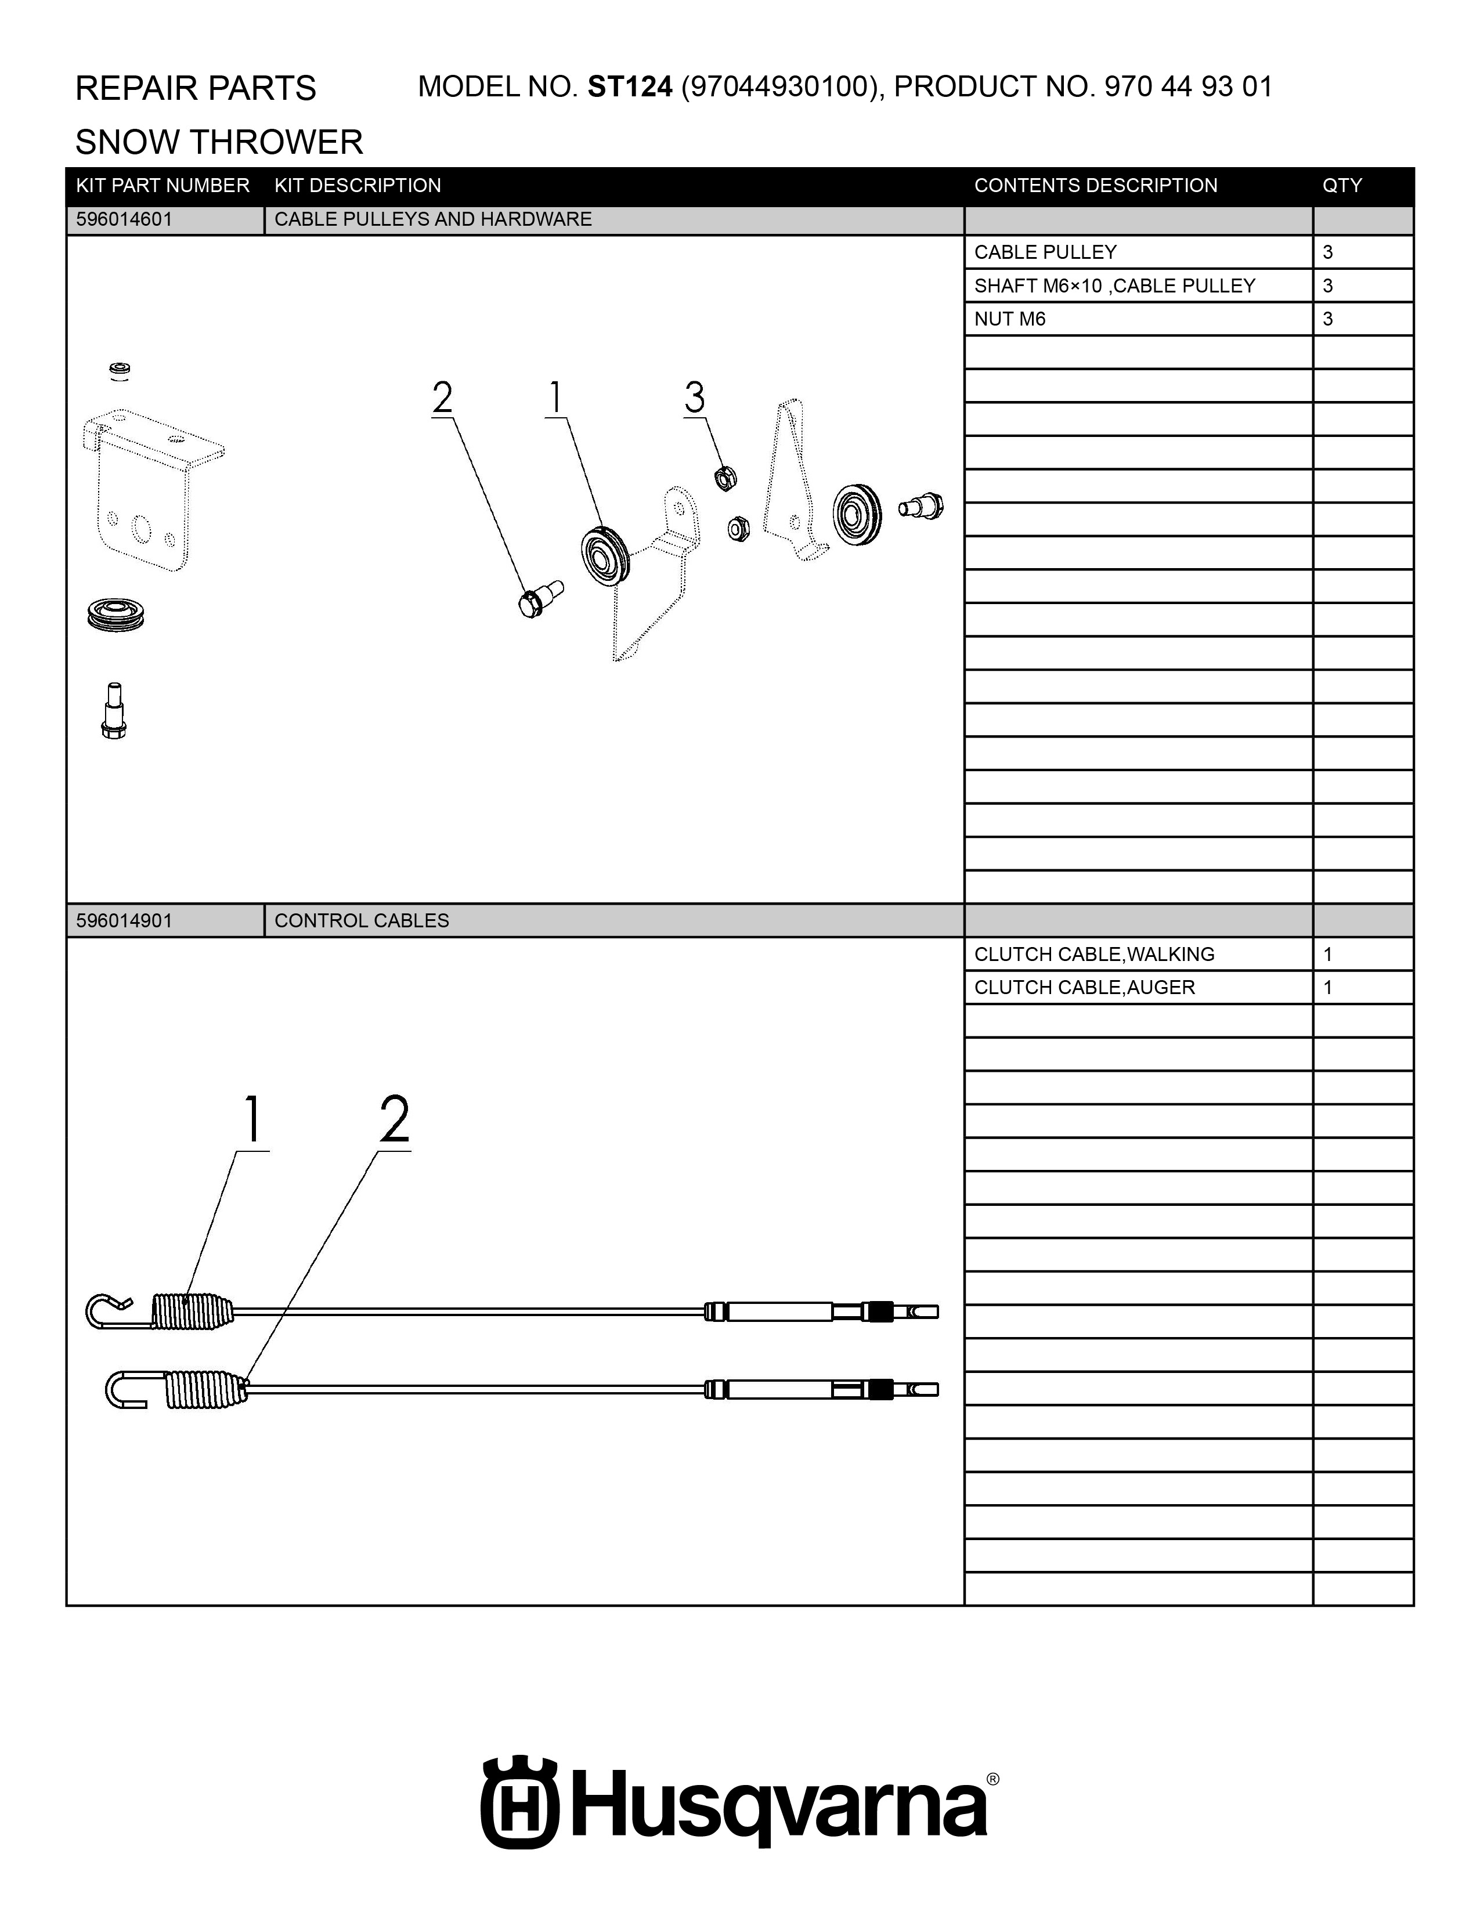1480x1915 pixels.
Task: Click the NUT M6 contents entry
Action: point(1010,319)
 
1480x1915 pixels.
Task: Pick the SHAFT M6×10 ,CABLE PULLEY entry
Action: point(1114,286)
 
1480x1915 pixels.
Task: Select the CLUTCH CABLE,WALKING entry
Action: point(1094,954)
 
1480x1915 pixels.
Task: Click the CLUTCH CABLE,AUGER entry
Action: point(1085,987)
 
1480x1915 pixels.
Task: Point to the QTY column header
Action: point(1342,186)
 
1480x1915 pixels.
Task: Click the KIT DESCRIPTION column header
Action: point(358,186)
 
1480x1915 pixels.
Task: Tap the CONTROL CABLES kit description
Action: point(361,921)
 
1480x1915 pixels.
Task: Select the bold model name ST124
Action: point(630,87)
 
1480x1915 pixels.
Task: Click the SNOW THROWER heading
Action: point(219,142)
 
